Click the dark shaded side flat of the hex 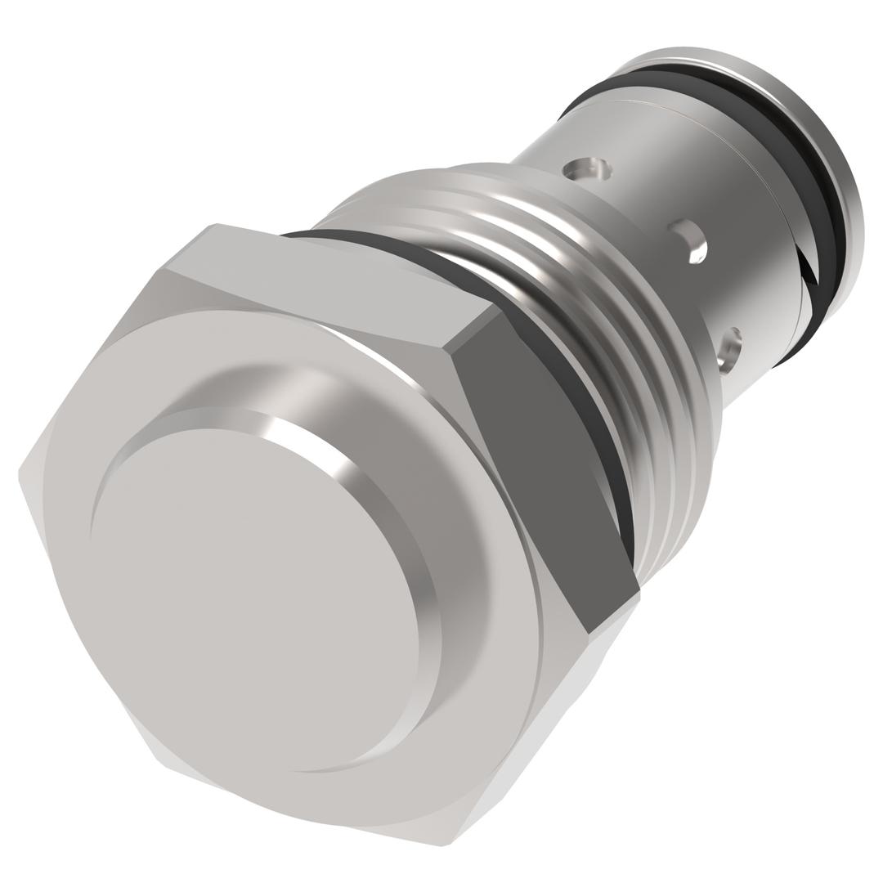point(540,458)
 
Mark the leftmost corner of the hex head point(20,474)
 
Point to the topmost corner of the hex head point(214,224)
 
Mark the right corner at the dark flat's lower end point(639,593)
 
